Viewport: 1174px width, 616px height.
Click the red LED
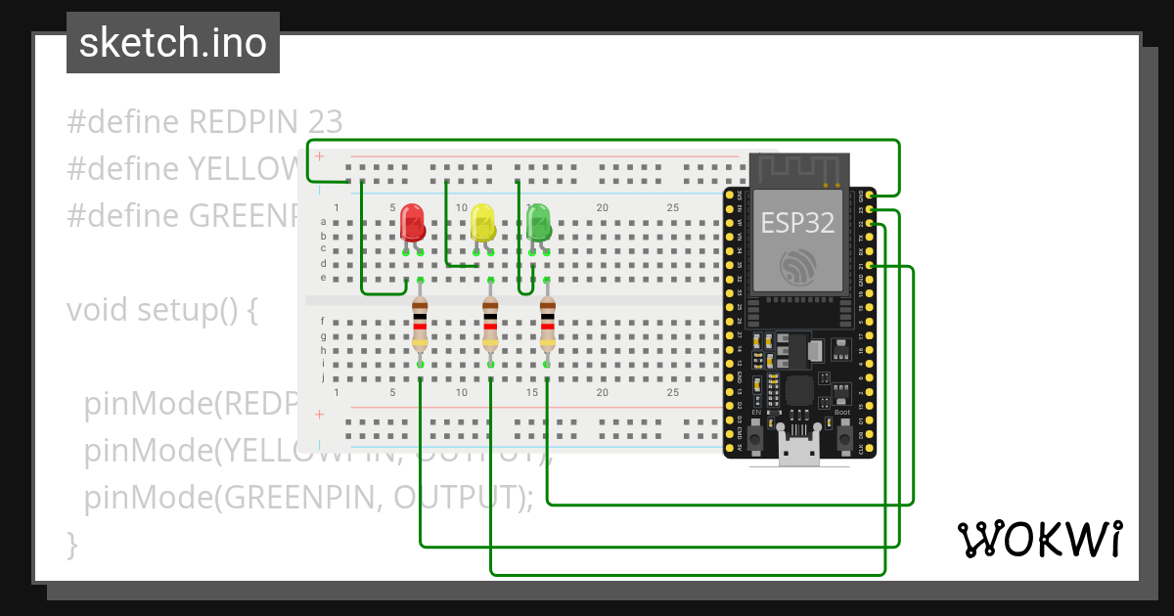(413, 223)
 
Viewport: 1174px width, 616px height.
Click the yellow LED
(482, 222)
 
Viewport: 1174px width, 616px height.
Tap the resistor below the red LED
(420, 324)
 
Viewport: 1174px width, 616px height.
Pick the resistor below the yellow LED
(490, 324)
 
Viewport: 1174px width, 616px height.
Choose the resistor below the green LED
(547, 324)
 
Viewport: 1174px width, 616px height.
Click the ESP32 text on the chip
(798, 222)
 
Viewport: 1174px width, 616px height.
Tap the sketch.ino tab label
(173, 43)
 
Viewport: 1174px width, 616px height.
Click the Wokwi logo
(1039, 539)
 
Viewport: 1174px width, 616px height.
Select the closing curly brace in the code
(71, 544)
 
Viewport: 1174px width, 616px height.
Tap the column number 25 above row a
(673, 207)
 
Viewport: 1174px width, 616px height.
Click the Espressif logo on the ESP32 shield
(798, 266)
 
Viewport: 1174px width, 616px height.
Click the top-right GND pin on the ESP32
(871, 195)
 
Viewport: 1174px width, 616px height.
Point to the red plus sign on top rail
(319, 155)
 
